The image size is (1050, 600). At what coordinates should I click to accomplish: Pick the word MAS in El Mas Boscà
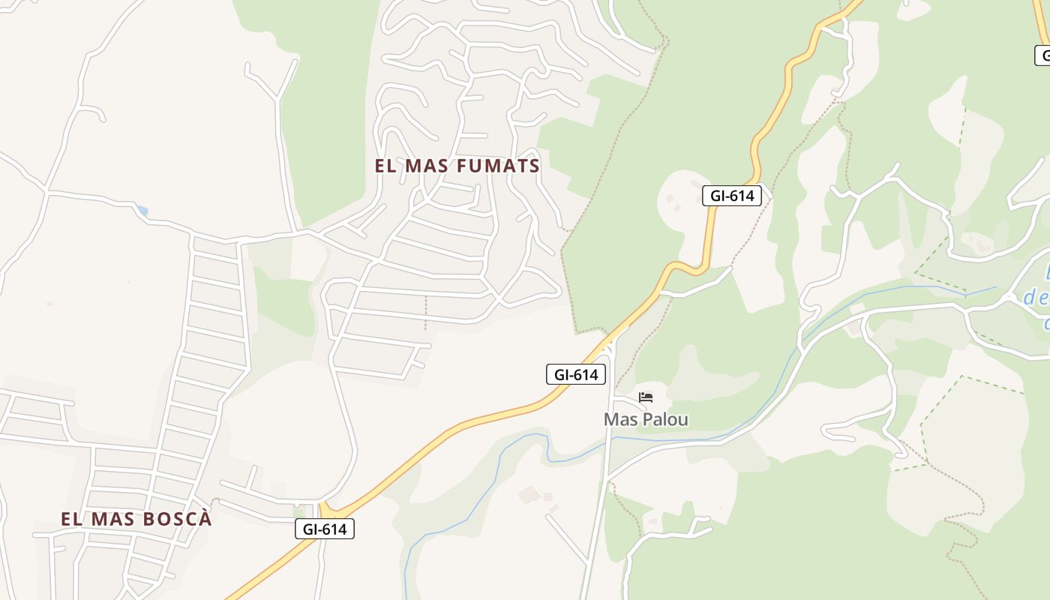(x=111, y=519)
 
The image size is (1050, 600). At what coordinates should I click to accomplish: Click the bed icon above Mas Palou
(x=646, y=397)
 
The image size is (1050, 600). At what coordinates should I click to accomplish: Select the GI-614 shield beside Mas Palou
(x=575, y=374)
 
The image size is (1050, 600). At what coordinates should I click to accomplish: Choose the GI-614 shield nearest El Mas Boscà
(x=324, y=529)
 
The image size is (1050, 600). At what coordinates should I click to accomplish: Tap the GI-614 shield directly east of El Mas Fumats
(x=731, y=196)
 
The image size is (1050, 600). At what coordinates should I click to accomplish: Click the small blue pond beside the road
(x=142, y=211)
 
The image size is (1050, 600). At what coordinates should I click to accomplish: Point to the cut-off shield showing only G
(x=1043, y=55)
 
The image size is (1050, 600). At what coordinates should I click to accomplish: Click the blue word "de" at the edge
(x=1036, y=298)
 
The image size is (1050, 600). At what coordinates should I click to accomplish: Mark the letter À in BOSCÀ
(x=205, y=519)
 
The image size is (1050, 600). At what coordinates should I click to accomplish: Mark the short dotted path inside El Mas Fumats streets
(x=425, y=312)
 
